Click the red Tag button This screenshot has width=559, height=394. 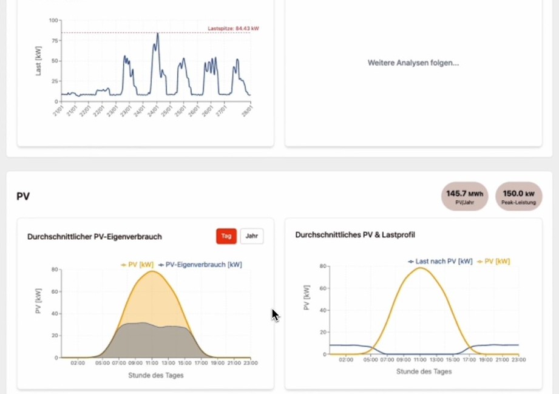coord(226,236)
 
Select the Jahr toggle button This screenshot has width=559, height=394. coord(252,236)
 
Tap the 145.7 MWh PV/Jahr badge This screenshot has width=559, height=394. coord(464,197)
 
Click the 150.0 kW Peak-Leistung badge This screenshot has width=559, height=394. coord(519,197)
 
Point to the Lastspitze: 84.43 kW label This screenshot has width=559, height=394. coord(233,29)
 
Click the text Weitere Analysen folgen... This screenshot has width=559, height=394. coord(413,63)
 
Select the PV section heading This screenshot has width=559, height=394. coord(23,196)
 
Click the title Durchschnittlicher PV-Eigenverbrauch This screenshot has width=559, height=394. coord(95,237)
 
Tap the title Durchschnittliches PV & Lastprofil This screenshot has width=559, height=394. coord(355,235)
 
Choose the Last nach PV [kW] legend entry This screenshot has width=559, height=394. coord(440,262)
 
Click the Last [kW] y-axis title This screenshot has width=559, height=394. coord(38,61)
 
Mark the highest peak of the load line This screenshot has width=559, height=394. coord(158,33)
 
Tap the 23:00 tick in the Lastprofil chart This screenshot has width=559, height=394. coord(518,360)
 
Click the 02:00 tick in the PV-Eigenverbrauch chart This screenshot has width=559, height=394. coord(77,364)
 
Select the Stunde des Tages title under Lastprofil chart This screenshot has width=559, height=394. coord(424,371)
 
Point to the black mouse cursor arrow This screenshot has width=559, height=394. coord(274,314)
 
